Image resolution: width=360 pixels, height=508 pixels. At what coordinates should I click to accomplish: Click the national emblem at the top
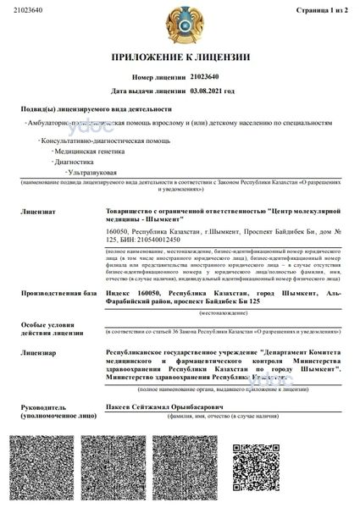[x=180, y=24]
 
